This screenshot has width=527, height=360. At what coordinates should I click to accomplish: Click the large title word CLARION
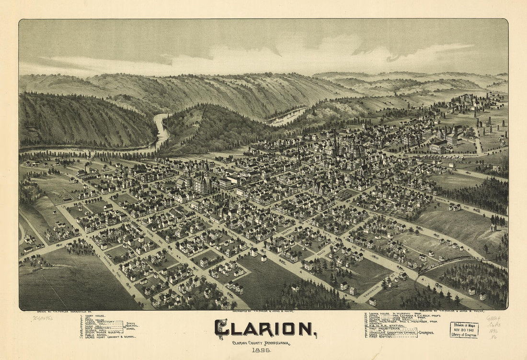264,328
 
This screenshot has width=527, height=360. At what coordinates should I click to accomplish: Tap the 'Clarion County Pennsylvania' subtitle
261,343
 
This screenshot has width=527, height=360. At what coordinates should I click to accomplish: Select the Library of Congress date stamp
463,330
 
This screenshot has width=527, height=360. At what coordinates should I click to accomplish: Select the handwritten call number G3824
493,318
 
